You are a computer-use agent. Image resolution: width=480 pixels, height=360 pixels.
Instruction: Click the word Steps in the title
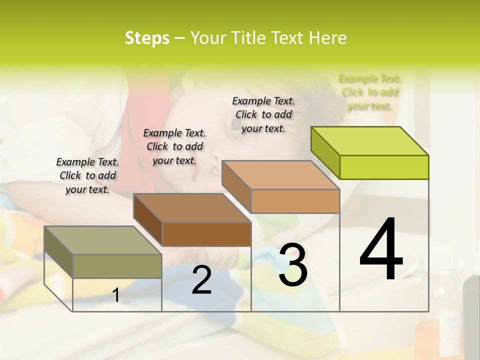tap(147, 38)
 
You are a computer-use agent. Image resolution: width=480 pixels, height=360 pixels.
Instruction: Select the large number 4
tap(381, 250)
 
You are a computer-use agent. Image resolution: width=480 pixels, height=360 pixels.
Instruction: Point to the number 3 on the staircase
tap(293, 265)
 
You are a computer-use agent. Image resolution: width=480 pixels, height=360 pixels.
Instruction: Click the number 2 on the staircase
tap(201, 280)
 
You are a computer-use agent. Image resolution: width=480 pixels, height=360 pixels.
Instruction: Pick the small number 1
tap(116, 295)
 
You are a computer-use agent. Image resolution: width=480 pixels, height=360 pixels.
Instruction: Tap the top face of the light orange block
tap(280, 175)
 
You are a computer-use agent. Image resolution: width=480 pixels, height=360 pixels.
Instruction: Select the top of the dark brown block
tap(192, 208)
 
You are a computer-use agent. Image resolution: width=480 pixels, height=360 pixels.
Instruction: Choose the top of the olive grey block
tap(103, 240)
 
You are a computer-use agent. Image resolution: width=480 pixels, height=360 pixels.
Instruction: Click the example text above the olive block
tap(87, 176)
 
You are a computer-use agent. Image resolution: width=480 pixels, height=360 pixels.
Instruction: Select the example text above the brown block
tap(174, 146)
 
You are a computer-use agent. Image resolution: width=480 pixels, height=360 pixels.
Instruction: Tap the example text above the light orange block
tap(263, 114)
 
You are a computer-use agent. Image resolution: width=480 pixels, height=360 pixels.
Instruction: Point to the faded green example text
tap(370, 92)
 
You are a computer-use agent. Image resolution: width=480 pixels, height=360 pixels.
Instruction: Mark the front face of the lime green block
tap(384, 167)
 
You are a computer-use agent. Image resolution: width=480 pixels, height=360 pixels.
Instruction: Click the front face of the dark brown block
tap(206, 234)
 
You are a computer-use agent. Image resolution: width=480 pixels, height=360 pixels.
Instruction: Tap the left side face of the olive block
tap(58, 252)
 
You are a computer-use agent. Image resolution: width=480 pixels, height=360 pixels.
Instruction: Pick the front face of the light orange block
tap(295, 201)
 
